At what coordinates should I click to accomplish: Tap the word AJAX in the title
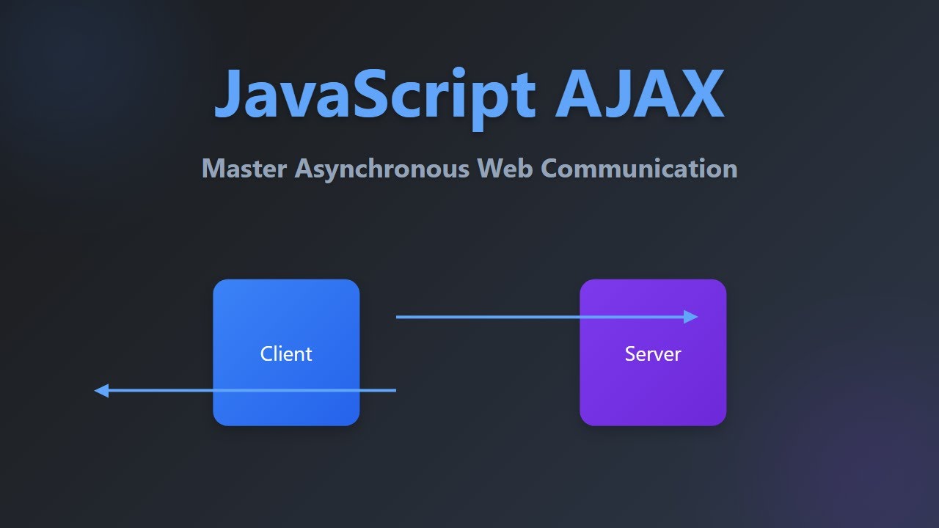pyautogui.click(x=640, y=94)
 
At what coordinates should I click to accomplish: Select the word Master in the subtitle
pyautogui.click(x=245, y=169)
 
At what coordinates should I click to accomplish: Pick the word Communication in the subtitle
pyautogui.click(x=639, y=169)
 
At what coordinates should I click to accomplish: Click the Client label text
pyautogui.click(x=286, y=354)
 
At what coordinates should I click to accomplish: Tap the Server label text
pyautogui.click(x=653, y=354)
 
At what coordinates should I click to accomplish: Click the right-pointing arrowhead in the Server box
pyautogui.click(x=691, y=317)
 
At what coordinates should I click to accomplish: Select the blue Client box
pyautogui.click(x=286, y=308)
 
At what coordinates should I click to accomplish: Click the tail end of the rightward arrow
pyautogui.click(x=398, y=317)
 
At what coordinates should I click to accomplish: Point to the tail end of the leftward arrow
pyautogui.click(x=395, y=391)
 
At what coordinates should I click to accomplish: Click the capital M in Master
pyautogui.click(x=213, y=169)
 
